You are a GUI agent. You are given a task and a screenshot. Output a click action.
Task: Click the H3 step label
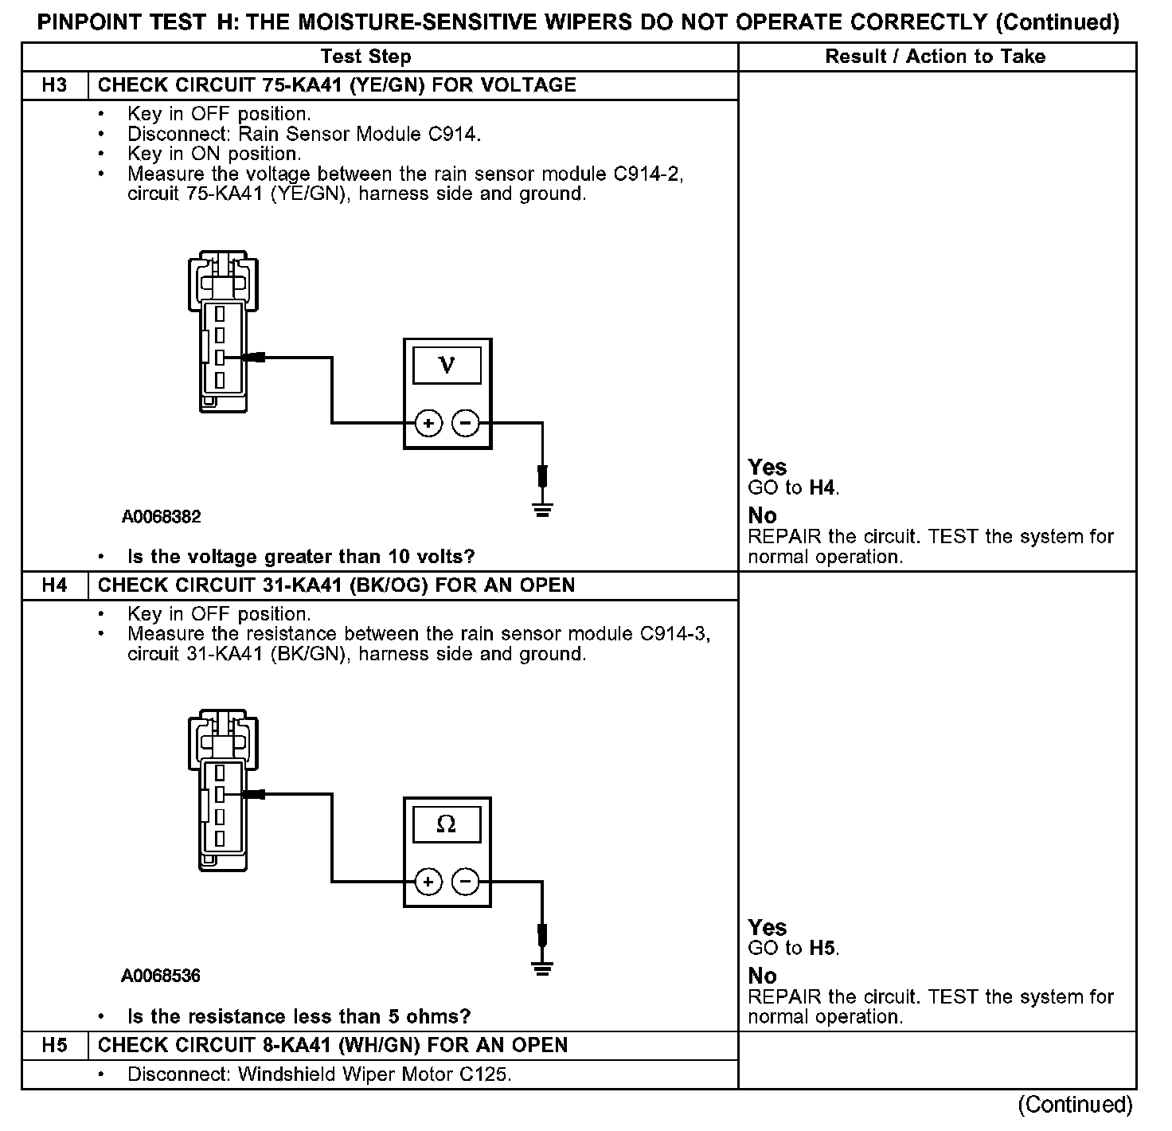(x=54, y=85)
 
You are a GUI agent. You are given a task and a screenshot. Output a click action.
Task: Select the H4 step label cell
(x=54, y=585)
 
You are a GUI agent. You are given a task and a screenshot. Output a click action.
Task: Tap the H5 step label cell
(x=54, y=1045)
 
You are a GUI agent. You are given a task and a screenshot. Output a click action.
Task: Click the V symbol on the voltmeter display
(x=447, y=365)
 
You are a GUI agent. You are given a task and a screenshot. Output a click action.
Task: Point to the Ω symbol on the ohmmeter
(x=447, y=824)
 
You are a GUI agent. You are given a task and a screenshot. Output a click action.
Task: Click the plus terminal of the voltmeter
(x=428, y=423)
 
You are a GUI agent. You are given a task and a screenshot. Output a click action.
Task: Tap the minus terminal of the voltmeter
(x=466, y=423)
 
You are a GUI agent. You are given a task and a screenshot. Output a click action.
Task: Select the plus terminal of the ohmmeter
(x=428, y=882)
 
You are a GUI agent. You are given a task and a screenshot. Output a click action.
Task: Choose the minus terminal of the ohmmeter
(x=466, y=882)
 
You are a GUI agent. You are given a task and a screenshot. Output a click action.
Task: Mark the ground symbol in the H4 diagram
(x=542, y=968)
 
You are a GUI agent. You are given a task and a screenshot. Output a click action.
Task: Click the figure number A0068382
(x=161, y=517)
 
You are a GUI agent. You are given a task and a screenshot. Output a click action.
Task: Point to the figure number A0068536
(x=161, y=976)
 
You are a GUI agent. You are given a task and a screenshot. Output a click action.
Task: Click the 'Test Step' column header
(x=365, y=57)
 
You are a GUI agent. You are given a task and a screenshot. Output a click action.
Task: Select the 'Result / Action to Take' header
(x=936, y=57)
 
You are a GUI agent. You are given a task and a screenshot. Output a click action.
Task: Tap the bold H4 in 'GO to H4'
(x=823, y=487)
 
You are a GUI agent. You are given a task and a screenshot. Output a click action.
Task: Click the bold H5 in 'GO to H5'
(x=823, y=948)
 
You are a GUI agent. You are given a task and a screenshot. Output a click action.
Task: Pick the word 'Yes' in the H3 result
(x=768, y=468)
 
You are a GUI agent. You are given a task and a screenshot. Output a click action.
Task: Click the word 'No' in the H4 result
(x=762, y=976)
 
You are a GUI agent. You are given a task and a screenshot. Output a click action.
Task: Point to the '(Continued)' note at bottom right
(x=1075, y=1105)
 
